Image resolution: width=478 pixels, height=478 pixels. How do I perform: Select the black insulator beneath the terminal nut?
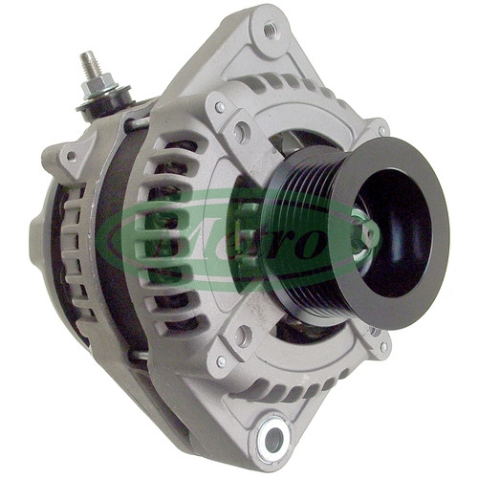click(x=107, y=102)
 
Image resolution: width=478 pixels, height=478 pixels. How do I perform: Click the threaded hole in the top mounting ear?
click(x=271, y=31)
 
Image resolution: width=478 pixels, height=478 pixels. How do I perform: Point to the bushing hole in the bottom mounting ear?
click(x=273, y=440)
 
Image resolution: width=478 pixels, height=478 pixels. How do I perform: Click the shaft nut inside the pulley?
click(x=363, y=236)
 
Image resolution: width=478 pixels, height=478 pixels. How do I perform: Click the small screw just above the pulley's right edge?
click(x=382, y=130)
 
